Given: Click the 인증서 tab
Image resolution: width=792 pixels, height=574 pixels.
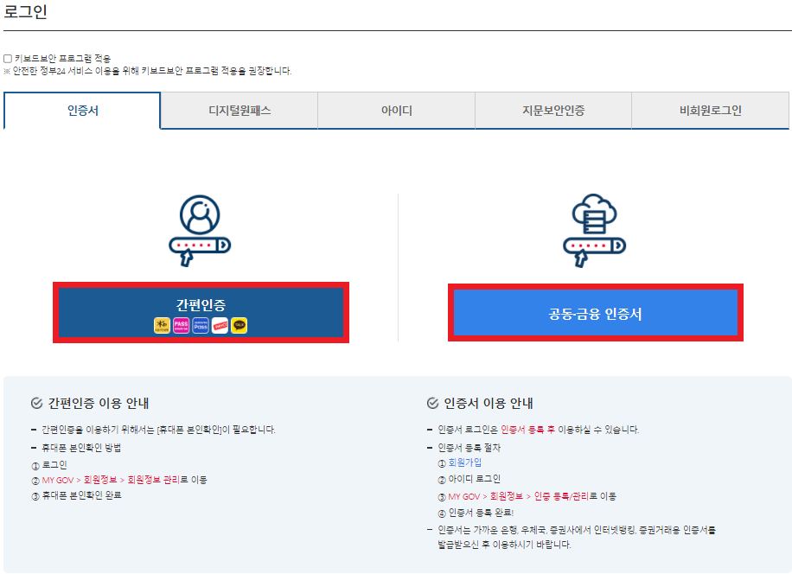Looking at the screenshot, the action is pyautogui.click(x=82, y=111).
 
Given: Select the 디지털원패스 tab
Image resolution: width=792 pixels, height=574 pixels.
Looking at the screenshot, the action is pyautogui.click(x=240, y=111).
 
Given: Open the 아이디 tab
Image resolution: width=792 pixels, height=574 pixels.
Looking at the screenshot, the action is pyautogui.click(x=397, y=111).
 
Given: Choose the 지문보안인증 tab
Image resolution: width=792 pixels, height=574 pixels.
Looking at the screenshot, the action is pyautogui.click(x=553, y=111).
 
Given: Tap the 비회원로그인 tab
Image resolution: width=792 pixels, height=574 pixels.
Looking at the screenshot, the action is pyautogui.click(x=710, y=111).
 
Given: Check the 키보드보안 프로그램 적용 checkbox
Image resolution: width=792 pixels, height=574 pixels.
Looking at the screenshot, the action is pyautogui.click(x=8, y=59).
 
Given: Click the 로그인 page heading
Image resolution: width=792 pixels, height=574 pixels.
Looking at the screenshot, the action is pyautogui.click(x=26, y=13).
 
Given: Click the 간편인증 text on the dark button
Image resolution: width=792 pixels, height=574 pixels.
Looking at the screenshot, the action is pyautogui.click(x=201, y=303).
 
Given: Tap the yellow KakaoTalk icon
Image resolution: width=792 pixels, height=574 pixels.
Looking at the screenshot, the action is pyautogui.click(x=240, y=326).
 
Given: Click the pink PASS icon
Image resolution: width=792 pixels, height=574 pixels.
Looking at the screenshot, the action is pyautogui.click(x=181, y=326).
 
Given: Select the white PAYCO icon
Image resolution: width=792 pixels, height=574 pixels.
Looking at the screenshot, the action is pyautogui.click(x=220, y=326).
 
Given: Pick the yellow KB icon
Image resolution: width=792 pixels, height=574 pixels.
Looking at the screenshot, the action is pyautogui.click(x=162, y=326).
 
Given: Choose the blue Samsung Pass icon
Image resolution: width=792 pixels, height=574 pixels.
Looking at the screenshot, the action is pyautogui.click(x=201, y=326).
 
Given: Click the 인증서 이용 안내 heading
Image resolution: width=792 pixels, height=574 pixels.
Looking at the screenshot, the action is pyautogui.click(x=489, y=403).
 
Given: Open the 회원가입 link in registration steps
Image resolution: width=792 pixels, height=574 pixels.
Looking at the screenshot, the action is pyautogui.click(x=465, y=463).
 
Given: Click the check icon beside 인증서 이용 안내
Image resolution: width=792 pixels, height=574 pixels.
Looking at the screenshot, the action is pyautogui.click(x=433, y=404).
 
